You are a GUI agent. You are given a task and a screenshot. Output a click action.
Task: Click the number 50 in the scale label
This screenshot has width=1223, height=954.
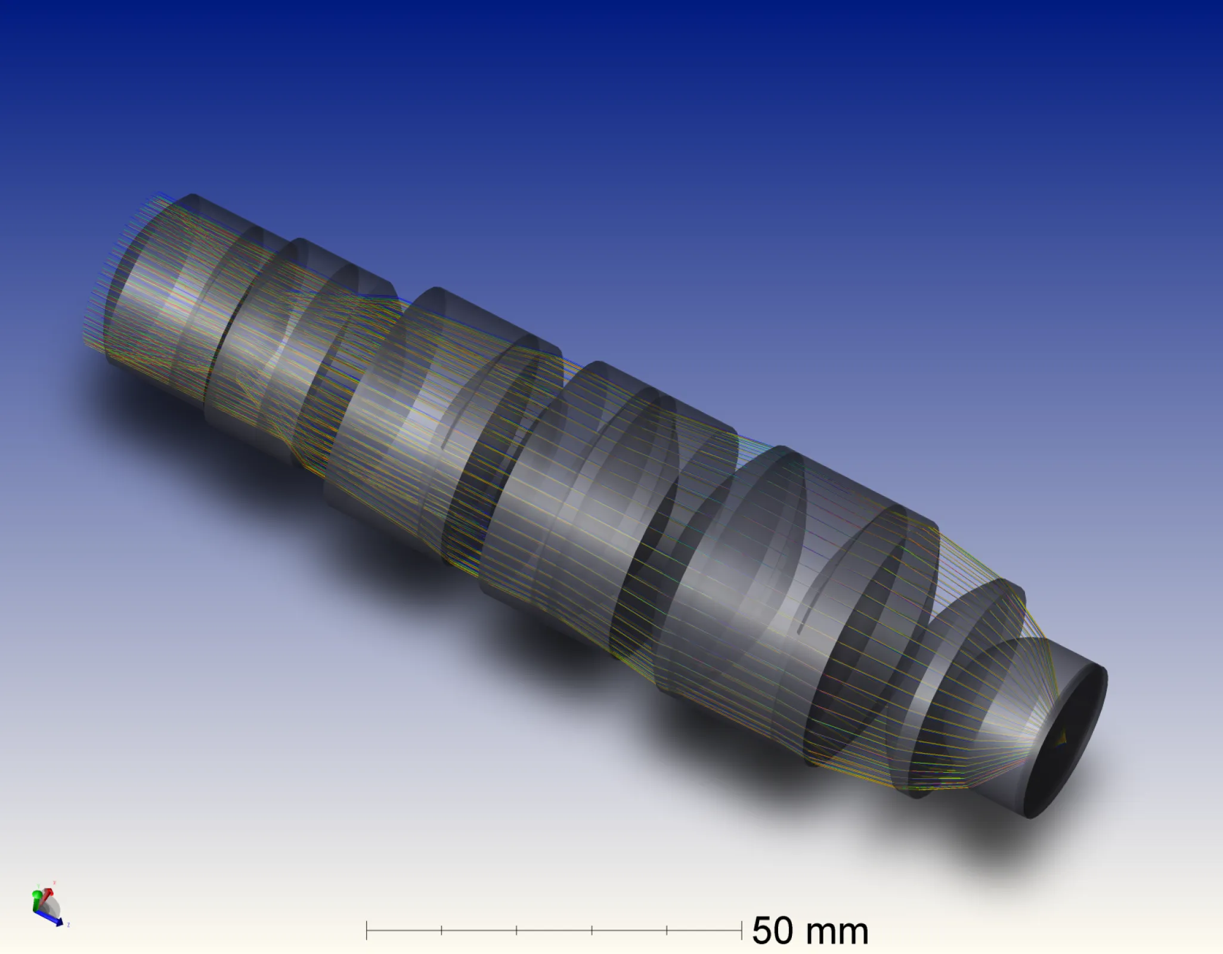773,931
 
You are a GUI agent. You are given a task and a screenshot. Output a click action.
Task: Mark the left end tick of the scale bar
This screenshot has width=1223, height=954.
367,930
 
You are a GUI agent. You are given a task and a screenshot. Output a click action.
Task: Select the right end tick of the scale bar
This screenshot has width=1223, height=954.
741,930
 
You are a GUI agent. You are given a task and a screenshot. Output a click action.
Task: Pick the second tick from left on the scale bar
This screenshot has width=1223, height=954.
442,930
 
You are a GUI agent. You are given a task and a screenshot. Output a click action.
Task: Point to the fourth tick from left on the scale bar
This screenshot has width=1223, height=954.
592,930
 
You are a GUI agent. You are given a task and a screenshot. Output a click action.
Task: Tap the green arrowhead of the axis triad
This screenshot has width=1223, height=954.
37,894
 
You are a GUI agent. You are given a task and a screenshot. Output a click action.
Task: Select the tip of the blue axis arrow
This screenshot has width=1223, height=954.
61,924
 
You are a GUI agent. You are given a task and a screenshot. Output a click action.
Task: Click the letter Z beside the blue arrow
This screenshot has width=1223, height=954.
69,925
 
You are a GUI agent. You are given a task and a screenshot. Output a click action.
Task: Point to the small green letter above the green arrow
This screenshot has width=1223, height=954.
39,886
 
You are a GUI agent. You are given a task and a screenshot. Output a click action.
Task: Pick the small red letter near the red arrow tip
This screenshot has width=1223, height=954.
54,882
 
